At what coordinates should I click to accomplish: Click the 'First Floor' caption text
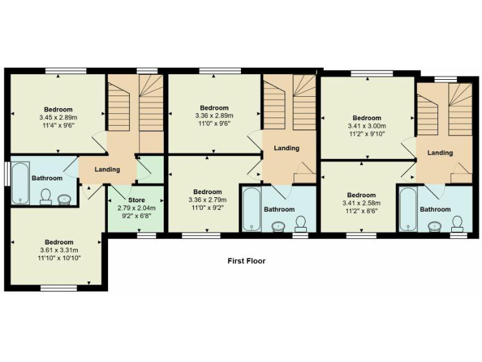pos(246,261)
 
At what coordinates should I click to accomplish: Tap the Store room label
pos(136,200)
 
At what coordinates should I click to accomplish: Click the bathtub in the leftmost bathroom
pos(21,183)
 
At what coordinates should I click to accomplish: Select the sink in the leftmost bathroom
pos(64,200)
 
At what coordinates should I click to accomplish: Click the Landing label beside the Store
pos(107,170)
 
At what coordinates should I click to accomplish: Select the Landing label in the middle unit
pos(287,148)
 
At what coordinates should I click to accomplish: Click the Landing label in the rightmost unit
pos(440,153)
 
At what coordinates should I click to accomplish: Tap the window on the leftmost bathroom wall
pos(6,174)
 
